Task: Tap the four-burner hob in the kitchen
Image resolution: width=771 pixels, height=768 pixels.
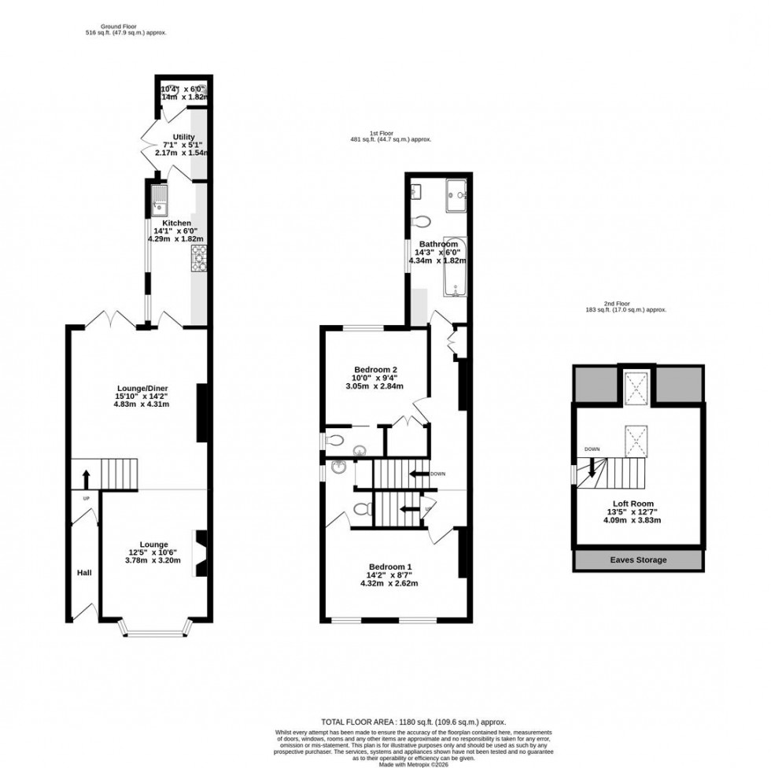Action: [x=197, y=257]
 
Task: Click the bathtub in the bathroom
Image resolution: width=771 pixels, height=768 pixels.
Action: [x=456, y=267]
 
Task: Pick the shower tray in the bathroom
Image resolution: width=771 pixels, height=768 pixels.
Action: [x=456, y=195]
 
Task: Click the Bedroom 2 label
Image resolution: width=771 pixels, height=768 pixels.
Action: [x=375, y=370]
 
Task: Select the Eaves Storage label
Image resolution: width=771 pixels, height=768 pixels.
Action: [x=638, y=559]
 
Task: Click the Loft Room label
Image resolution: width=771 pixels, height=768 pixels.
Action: [x=633, y=504]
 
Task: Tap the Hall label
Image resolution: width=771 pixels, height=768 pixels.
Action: [x=85, y=573]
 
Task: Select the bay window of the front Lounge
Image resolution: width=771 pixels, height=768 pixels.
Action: [x=154, y=628]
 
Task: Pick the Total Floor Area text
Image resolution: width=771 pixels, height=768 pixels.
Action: [x=413, y=722]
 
